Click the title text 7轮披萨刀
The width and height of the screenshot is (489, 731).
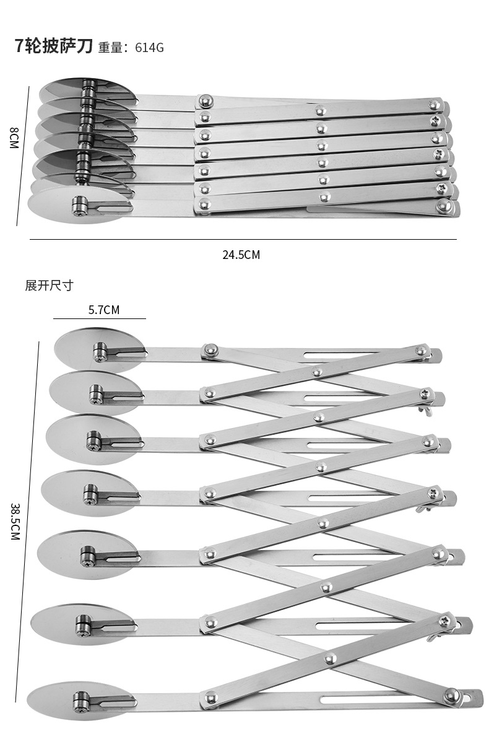tap(53, 47)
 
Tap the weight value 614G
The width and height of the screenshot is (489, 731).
tap(149, 48)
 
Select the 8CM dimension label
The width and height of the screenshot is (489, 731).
tap(14, 137)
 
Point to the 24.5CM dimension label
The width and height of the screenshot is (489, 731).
tap(241, 255)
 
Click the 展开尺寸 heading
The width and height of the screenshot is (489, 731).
tap(49, 286)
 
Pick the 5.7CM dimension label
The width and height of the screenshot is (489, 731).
tap(103, 309)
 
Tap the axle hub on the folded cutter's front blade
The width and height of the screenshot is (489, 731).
tap(79, 205)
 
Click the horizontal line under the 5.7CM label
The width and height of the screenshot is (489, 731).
tap(99, 318)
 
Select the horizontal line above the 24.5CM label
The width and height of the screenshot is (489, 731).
tap(243, 239)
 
